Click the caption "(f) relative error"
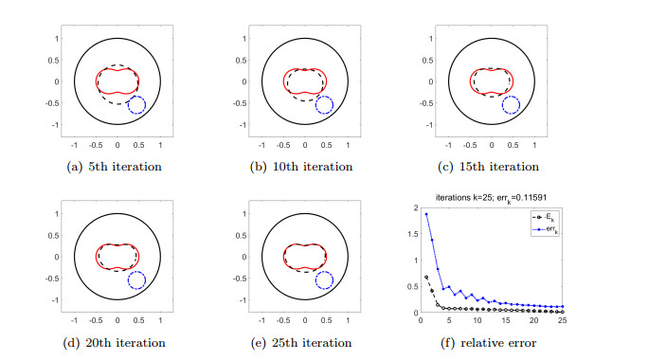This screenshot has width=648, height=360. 492,342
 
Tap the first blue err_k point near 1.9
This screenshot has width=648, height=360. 426,214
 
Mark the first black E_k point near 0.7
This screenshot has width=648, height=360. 426,277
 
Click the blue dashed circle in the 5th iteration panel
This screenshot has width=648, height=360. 136,105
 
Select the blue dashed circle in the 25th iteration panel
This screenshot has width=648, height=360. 324,280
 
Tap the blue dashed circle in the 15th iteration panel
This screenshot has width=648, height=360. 511,105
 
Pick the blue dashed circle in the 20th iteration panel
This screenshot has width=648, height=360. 136,280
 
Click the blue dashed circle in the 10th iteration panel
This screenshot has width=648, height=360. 324,105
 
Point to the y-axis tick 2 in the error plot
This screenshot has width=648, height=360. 414,207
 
